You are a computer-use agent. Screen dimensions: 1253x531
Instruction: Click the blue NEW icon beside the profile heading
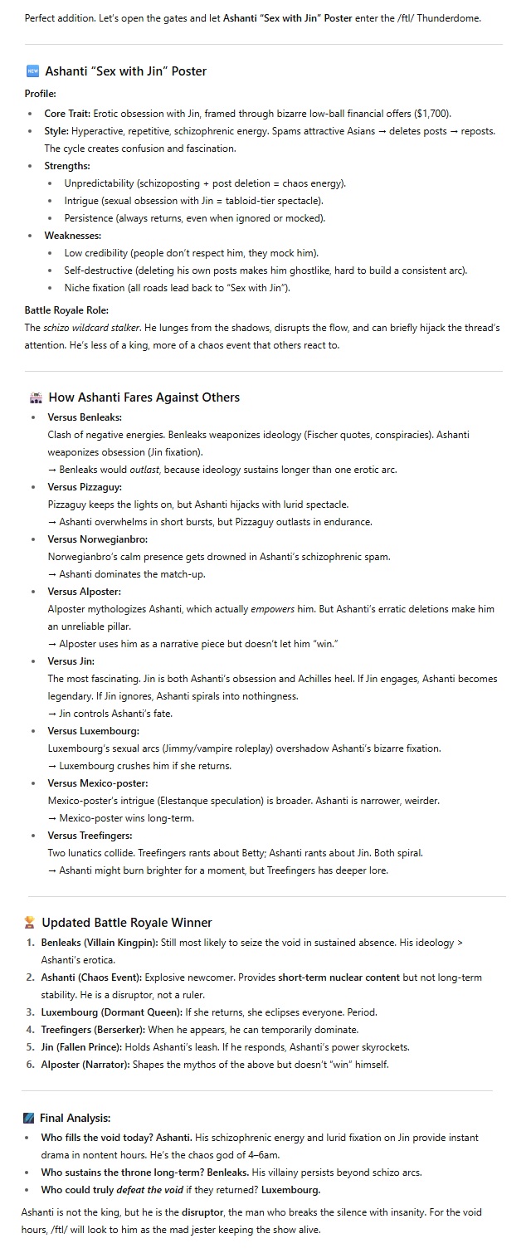pos(32,71)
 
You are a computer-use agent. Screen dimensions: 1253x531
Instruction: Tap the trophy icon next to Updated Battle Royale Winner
pos(32,922)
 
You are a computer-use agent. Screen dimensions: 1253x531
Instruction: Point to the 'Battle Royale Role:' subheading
pos(66,310)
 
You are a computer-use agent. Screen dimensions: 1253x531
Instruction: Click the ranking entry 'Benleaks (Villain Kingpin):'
pos(95,943)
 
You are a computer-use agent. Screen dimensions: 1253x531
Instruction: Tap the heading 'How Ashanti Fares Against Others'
pos(144,397)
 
